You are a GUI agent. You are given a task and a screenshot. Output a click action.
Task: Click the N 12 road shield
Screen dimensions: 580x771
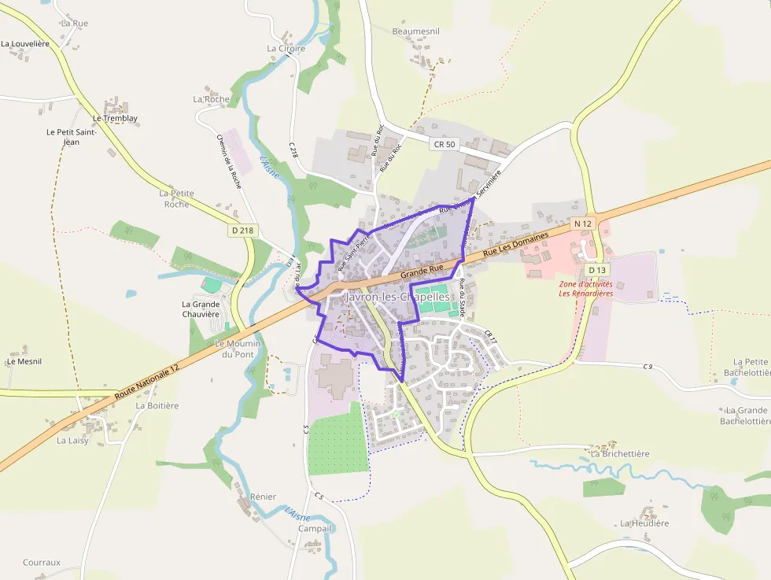(x=582, y=224)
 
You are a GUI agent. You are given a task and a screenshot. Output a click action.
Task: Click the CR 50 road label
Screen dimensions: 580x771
(x=444, y=144)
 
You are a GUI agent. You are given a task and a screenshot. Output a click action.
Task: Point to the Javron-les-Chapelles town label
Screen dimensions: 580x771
(x=397, y=297)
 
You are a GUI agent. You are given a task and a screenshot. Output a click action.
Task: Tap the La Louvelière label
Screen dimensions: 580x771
(x=25, y=44)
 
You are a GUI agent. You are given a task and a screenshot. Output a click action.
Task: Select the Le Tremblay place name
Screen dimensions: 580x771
(x=115, y=119)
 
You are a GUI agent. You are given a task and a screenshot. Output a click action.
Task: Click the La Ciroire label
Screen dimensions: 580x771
(x=286, y=48)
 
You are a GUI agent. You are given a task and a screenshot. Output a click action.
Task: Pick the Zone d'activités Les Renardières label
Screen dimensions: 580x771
(x=585, y=289)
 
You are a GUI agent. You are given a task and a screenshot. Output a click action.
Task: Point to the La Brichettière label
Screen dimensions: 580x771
(x=620, y=454)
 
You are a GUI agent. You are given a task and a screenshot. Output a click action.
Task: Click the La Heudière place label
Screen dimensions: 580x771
(x=644, y=523)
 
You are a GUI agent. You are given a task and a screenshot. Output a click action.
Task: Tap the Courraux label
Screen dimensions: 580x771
(x=42, y=563)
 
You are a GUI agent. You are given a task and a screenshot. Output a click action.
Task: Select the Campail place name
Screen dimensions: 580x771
(x=315, y=529)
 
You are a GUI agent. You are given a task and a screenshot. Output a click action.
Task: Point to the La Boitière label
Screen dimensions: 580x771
(x=157, y=406)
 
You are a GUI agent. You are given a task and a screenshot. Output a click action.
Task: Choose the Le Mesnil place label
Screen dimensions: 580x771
(x=24, y=362)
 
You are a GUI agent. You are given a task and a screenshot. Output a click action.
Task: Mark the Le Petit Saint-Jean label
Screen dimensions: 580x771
(x=71, y=137)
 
